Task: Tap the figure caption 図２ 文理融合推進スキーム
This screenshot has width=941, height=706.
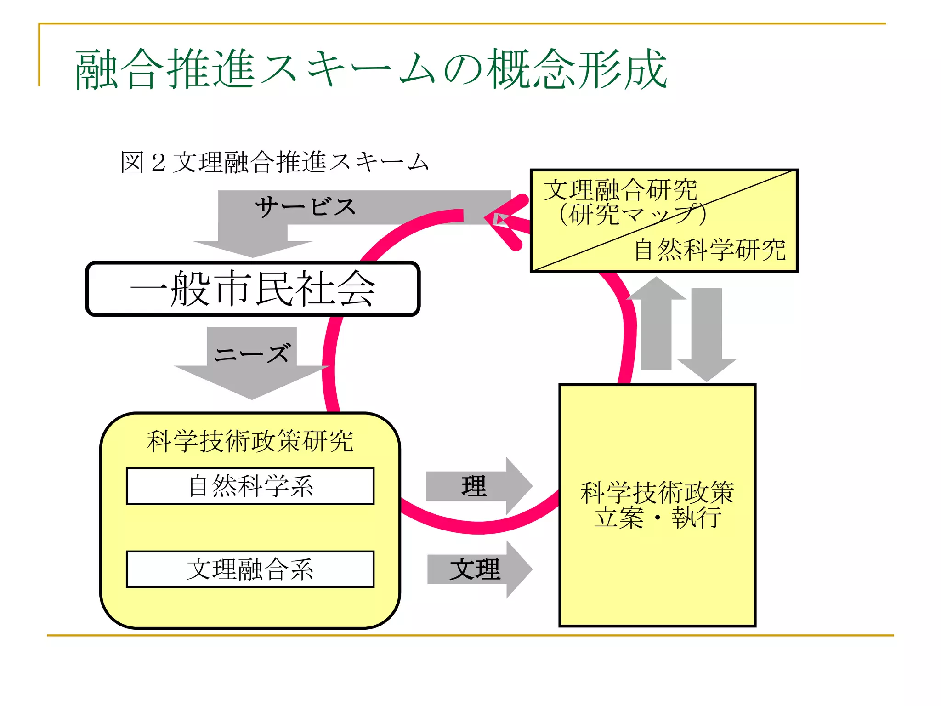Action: [x=274, y=162]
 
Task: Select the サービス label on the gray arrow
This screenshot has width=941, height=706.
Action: [x=306, y=207]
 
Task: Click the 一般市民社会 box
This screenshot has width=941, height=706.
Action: [x=253, y=289]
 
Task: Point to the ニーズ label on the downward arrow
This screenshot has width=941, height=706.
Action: [x=252, y=354]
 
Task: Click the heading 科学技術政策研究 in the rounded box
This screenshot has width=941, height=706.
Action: [x=250, y=441]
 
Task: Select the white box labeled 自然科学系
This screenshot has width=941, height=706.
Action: [x=250, y=486]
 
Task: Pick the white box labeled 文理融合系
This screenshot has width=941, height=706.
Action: [x=250, y=569]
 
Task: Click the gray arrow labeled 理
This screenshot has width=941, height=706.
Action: [x=478, y=486]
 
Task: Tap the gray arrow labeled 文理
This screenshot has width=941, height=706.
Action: [x=478, y=569]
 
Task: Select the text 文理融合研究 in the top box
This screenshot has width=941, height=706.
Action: [x=620, y=190]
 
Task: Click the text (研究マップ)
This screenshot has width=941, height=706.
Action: [x=632, y=214]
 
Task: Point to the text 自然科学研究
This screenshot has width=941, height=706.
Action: [x=710, y=250]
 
